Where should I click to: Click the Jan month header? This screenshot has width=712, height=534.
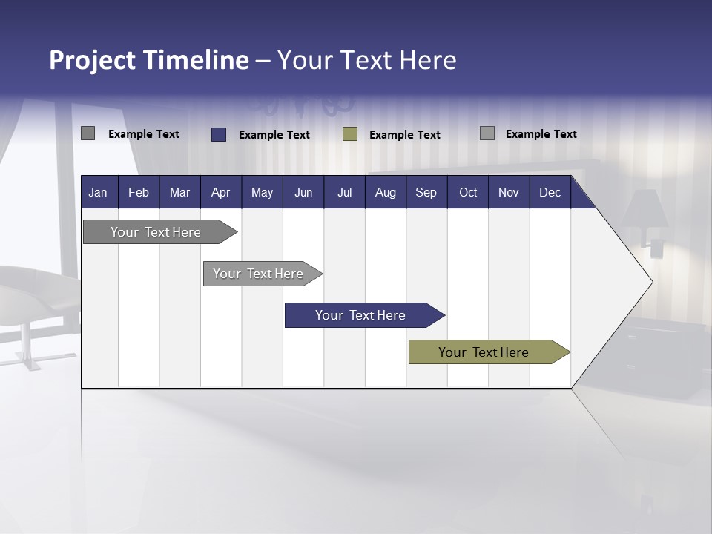(x=98, y=192)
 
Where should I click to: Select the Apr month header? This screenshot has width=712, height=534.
(x=220, y=192)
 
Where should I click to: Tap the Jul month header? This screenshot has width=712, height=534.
(x=344, y=192)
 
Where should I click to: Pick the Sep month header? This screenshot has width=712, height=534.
(x=426, y=192)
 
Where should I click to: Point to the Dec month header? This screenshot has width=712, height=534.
(x=550, y=192)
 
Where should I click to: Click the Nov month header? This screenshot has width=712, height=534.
(x=508, y=192)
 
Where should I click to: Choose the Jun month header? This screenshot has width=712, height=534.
(x=303, y=192)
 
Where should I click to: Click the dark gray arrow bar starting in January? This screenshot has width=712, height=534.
(x=156, y=232)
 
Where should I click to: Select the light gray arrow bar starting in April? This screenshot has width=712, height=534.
(x=258, y=274)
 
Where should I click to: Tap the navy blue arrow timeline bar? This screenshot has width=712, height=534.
(x=360, y=315)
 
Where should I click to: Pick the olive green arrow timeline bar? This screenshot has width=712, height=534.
(x=484, y=352)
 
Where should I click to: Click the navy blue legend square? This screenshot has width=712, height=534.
(x=219, y=134)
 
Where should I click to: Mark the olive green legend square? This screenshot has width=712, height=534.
(x=350, y=134)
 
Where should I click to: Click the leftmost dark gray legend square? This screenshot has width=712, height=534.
(x=88, y=133)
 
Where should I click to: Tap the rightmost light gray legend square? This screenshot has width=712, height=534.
(x=487, y=133)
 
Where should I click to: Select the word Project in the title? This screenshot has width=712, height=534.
(x=92, y=60)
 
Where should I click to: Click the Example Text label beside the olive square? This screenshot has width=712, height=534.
(x=405, y=135)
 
